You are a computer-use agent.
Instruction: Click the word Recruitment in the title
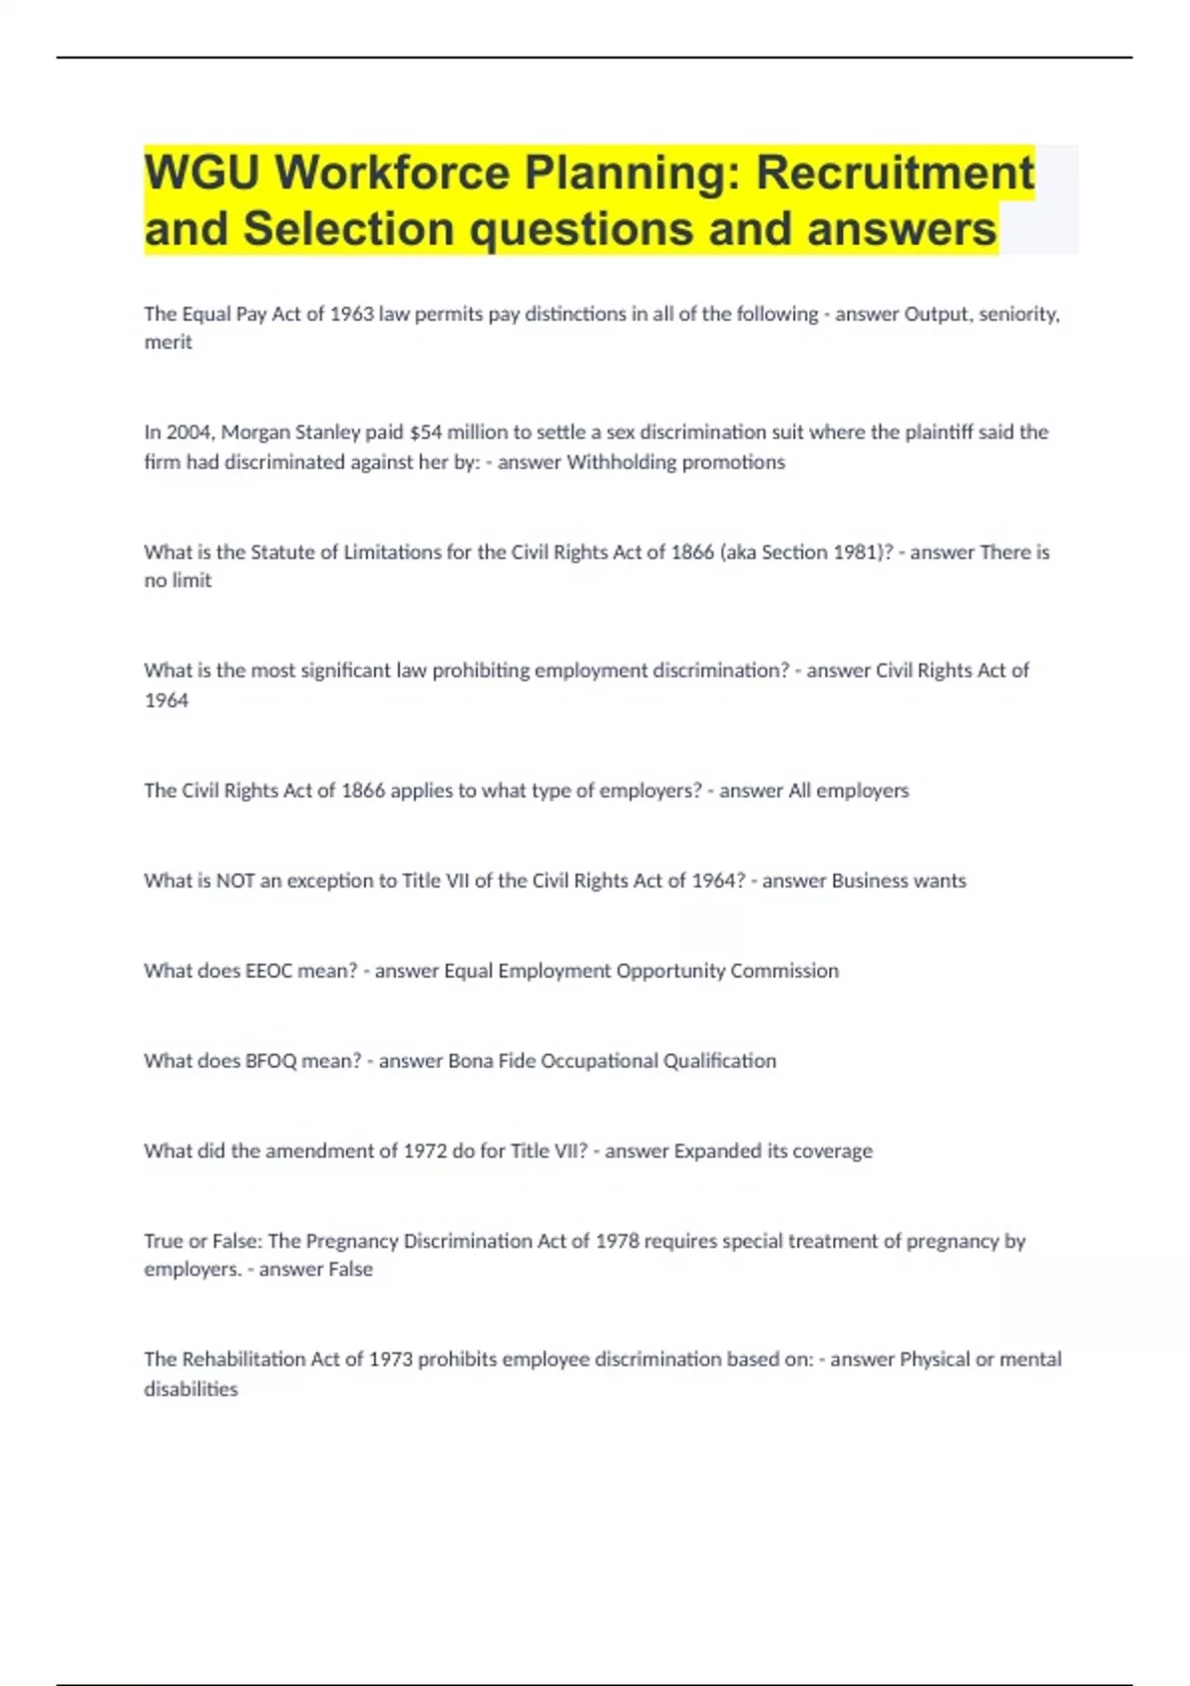pos(894,173)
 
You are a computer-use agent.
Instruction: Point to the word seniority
pos(1018,314)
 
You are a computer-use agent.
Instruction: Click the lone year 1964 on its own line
pos(166,700)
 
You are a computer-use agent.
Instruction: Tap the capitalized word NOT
pos(235,881)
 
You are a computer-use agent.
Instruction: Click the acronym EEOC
pos(269,971)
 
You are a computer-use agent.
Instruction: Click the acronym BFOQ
pos(271,1061)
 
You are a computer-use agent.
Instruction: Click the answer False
pos(346,1269)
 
